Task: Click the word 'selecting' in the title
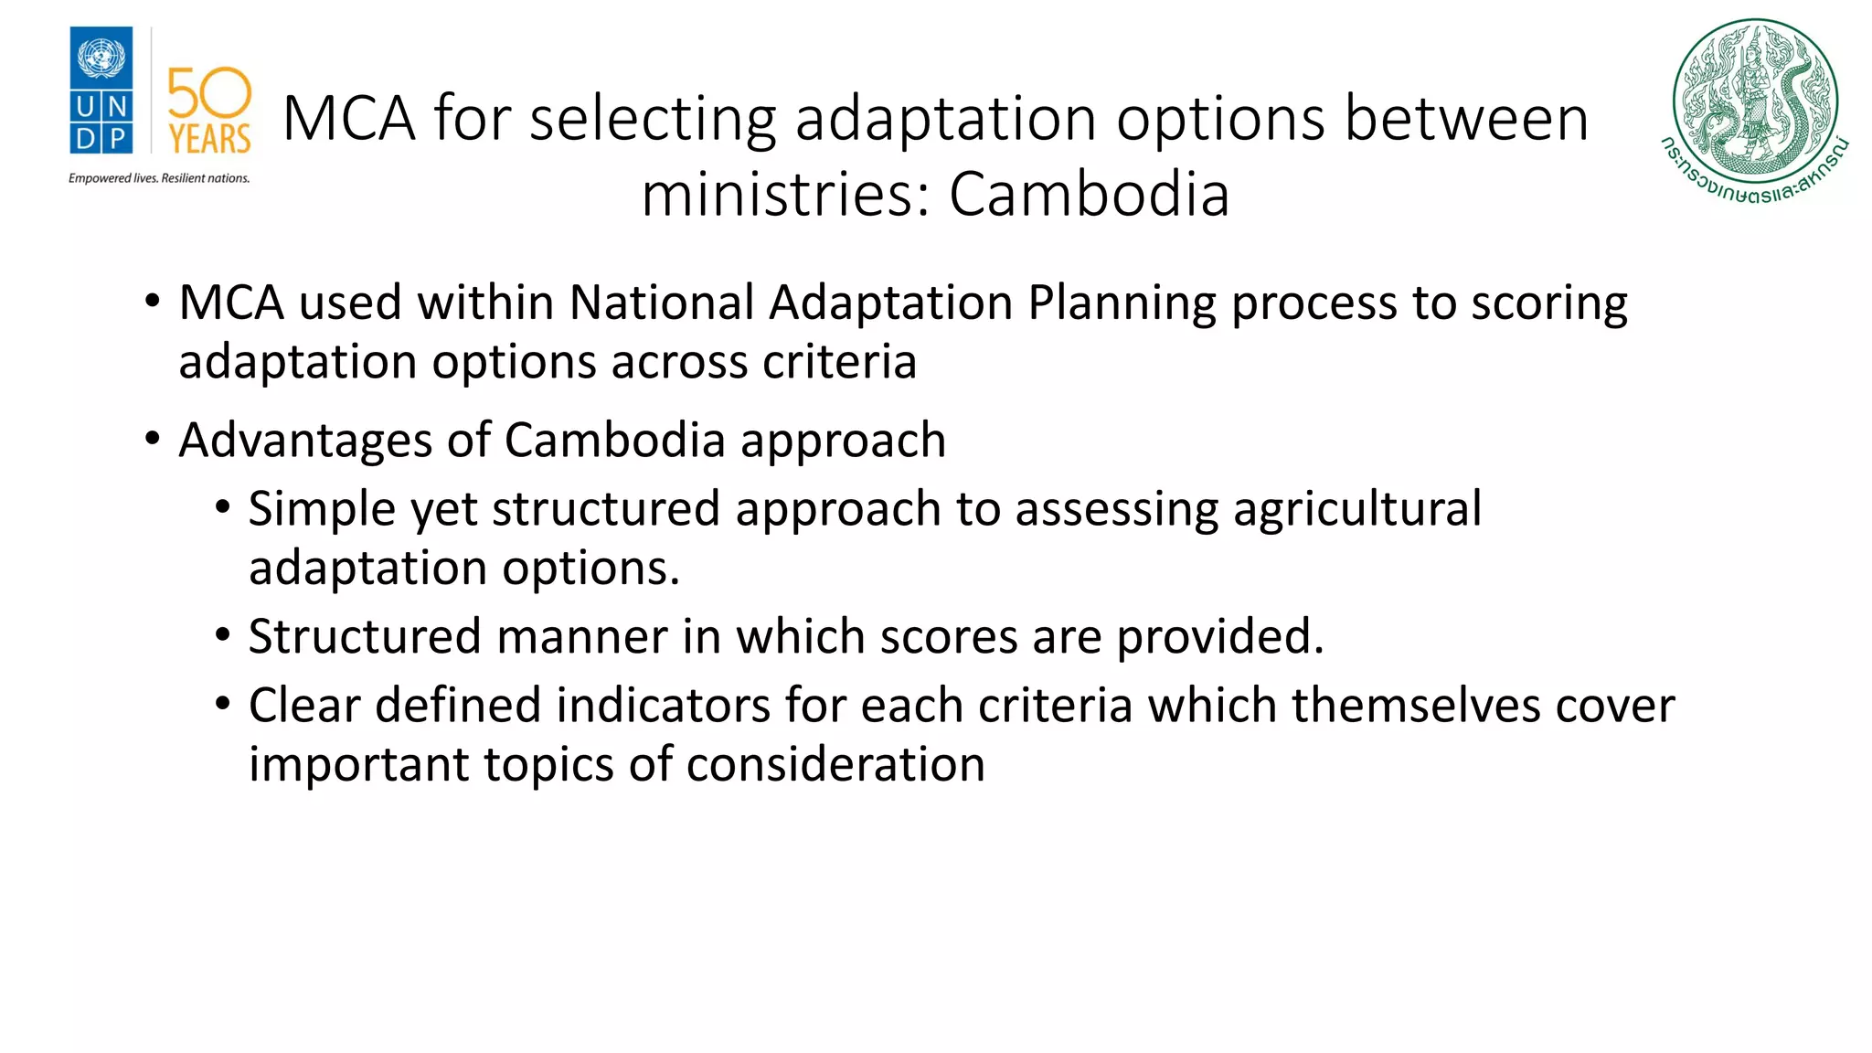(652, 119)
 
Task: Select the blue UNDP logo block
(101, 90)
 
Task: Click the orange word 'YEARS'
(209, 140)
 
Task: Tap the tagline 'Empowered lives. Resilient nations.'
(159, 178)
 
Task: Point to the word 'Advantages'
(305, 441)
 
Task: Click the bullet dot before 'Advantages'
(153, 440)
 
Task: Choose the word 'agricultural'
(1356, 510)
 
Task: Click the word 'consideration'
(835, 764)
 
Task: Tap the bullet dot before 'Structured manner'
(223, 635)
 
